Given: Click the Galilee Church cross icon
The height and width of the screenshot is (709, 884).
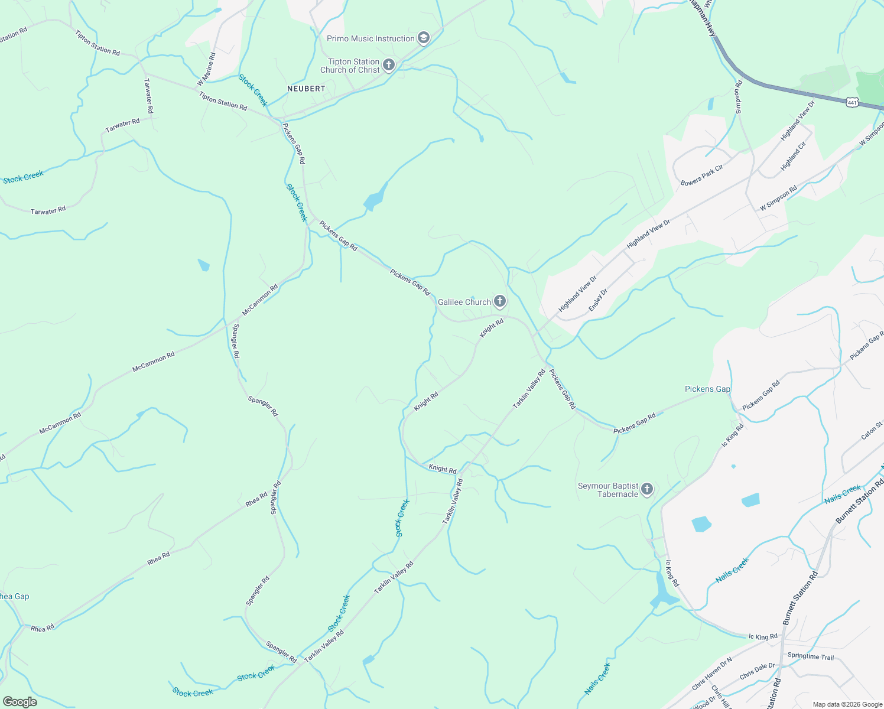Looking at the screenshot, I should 500,302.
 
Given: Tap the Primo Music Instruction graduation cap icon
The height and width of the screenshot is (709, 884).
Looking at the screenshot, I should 423,38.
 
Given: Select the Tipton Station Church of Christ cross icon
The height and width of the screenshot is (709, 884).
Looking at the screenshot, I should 388,65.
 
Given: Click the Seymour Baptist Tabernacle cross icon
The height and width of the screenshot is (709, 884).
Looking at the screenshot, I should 647,489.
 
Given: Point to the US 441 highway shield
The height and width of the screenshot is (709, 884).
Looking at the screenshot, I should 851,102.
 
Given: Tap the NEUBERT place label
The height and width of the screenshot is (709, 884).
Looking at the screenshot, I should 306,89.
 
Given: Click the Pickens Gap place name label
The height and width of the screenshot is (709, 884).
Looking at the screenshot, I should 707,389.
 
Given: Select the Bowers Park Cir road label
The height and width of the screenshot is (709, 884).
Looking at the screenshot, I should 702,175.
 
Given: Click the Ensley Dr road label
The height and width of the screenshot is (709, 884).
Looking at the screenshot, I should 598,300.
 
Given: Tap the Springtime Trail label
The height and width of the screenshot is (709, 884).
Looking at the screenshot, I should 810,657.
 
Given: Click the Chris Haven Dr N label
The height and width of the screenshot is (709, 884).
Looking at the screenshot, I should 712,673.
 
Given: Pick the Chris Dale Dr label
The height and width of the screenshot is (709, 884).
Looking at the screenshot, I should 757,671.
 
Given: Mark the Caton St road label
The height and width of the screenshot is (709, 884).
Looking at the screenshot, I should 872,430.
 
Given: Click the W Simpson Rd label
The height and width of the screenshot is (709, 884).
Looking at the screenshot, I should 778,198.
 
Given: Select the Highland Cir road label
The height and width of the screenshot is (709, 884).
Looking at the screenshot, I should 794,157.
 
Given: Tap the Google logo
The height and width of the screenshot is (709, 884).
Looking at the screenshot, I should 19,702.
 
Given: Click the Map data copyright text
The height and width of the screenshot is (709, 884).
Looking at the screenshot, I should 846,704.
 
